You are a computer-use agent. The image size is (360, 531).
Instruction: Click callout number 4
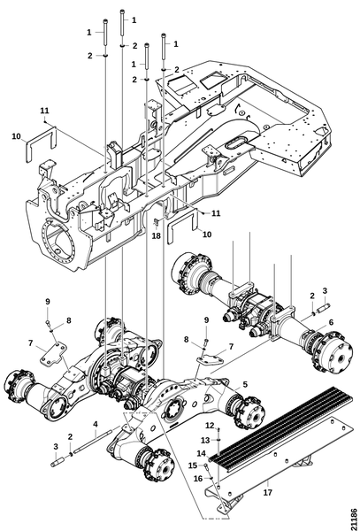[x=96, y=424]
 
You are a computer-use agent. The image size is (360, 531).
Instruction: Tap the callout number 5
[x=245, y=384]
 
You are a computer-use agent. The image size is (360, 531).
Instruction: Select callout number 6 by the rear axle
[x=331, y=322]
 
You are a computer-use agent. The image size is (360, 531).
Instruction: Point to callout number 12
[x=210, y=425]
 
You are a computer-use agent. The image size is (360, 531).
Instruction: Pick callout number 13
[x=205, y=440]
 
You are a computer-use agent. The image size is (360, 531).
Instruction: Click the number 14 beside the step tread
[x=201, y=453]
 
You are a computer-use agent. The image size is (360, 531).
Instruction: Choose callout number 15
[x=193, y=466]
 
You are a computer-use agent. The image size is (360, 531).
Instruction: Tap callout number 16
[x=198, y=479]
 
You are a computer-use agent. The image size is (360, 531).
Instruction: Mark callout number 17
[x=268, y=492]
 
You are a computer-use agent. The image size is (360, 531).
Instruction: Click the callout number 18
[x=156, y=235]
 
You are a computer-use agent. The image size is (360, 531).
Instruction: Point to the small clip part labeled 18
[x=157, y=222]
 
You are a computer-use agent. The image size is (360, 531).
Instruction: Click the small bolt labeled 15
[x=207, y=470]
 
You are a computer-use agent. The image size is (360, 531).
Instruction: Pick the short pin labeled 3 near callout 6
[x=323, y=309]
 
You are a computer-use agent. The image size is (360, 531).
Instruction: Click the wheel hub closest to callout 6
[x=333, y=350]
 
